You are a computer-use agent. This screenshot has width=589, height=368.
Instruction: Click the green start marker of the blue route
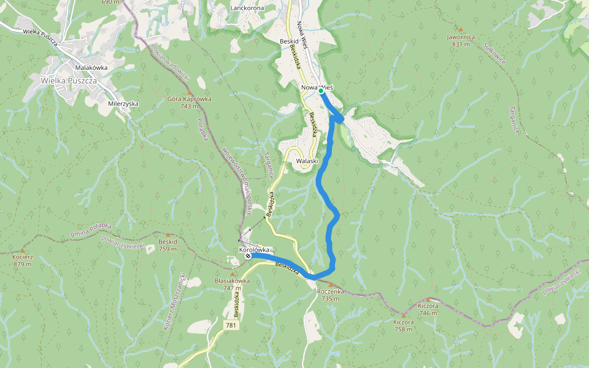click(320, 91)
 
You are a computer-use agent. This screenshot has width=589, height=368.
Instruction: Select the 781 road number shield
click(230, 324)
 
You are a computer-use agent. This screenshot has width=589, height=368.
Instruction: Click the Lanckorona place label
click(247, 8)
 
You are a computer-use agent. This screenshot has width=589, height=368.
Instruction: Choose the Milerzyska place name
click(123, 104)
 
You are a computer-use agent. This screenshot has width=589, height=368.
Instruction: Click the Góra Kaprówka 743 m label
click(189, 102)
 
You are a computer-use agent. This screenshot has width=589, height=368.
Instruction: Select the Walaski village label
click(307, 161)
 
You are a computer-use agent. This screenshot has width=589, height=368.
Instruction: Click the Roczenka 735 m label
click(331, 294)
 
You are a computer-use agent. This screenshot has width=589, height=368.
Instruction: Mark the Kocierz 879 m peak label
click(21, 261)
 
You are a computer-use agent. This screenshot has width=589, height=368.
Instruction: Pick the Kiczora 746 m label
click(428, 309)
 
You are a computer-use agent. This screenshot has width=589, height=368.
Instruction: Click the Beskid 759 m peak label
click(167, 245)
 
